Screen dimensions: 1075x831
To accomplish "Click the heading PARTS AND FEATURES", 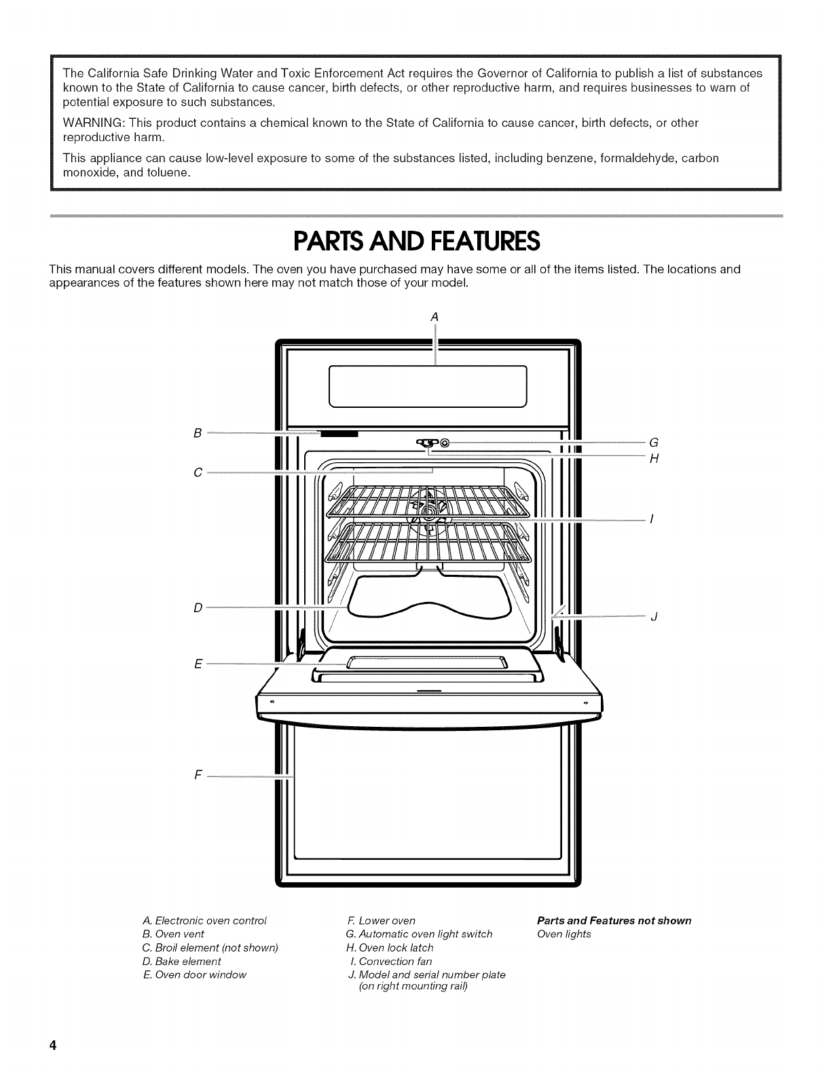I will pyautogui.click(x=415, y=241).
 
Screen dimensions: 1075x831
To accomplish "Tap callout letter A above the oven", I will pyautogui.click(x=435, y=316).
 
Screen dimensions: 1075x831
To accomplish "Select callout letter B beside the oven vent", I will pyautogui.click(x=197, y=432).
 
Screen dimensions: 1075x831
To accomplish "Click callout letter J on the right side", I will pyautogui.click(x=654, y=617).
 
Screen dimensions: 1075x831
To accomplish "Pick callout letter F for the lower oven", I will pyautogui.click(x=198, y=775).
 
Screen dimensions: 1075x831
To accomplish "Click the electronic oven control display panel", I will pyautogui.click(x=428, y=385).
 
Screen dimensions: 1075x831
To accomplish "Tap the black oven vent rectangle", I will pyautogui.click(x=339, y=434).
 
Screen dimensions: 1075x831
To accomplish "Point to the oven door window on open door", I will pyautogui.click(x=428, y=663).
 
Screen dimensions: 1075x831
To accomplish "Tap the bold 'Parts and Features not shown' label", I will pyautogui.click(x=614, y=920).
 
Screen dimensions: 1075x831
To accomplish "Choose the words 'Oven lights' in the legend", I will pyautogui.click(x=564, y=934).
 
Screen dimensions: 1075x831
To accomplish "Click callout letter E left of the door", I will pyautogui.click(x=198, y=664).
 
